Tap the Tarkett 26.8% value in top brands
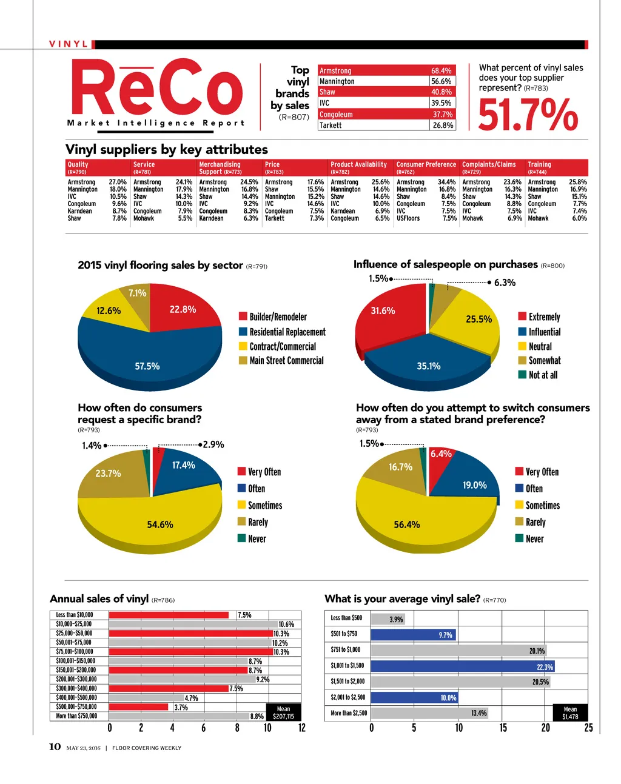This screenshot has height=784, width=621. point(443,126)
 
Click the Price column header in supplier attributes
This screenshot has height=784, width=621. point(272,164)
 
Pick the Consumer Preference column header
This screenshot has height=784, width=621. point(426,164)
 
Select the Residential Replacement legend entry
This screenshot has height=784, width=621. point(287,332)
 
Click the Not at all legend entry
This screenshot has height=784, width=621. point(543,375)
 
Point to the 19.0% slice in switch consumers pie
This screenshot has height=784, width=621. point(473,482)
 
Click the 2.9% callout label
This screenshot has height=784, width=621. point(213,444)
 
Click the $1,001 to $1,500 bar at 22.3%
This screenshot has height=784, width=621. point(461,666)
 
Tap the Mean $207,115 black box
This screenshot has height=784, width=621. point(283,712)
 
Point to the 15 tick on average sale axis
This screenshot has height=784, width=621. point(503,728)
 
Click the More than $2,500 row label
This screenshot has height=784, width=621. point(349,713)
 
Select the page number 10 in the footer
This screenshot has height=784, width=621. point(55,747)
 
